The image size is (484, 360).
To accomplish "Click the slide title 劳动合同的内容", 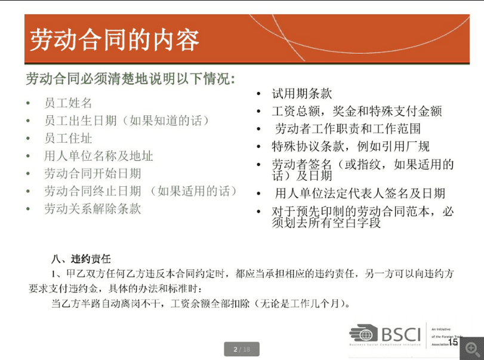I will tap(114, 40).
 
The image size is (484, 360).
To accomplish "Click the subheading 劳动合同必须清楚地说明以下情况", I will tap(130, 79).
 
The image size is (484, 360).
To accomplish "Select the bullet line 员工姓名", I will tap(68, 103).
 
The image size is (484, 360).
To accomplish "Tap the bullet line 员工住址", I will tap(68, 138).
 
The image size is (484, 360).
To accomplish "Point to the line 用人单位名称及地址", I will tap(98, 156).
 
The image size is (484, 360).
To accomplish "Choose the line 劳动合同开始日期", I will tap(93, 174).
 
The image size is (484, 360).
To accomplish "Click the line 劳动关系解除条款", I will tap(93, 209).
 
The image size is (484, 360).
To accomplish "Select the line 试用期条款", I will tap(302, 94).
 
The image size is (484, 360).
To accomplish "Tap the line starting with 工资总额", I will tap(356, 111).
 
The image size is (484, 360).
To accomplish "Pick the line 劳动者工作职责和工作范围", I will tap(348, 128).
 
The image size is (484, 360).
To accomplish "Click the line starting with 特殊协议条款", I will tap(350, 146).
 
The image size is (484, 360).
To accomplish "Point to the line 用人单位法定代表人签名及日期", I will tap(360, 193).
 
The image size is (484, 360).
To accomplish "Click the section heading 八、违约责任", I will tap(81, 259).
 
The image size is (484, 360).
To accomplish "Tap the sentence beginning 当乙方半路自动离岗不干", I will tap(200, 304).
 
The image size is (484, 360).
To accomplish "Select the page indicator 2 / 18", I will tap(242, 349).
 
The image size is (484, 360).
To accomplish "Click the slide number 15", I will tap(452, 342).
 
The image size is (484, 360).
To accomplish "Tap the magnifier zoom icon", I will tap(471, 348).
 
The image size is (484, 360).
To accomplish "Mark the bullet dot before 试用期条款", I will tap(258, 94).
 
